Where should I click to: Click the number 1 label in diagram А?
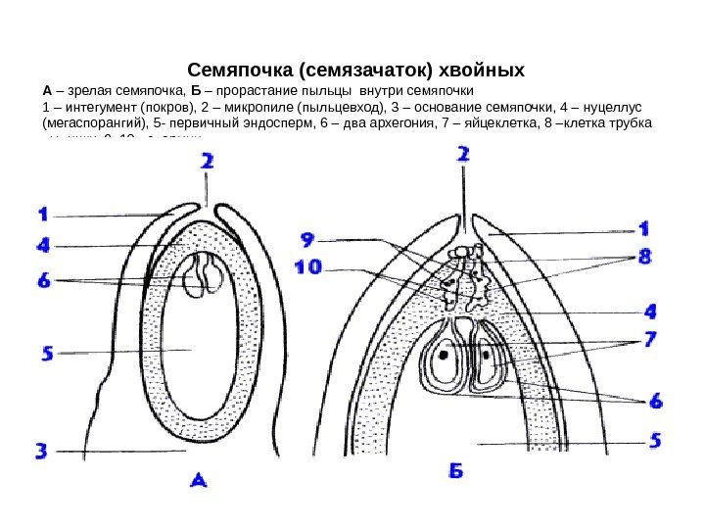coord(44,213)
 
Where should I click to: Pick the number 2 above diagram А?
coord(208,168)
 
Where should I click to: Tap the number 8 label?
coord(645,257)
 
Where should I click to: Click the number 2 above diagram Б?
coord(462,155)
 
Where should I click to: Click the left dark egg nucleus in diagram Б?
coord(445,357)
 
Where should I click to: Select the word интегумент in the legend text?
coord(96,108)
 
